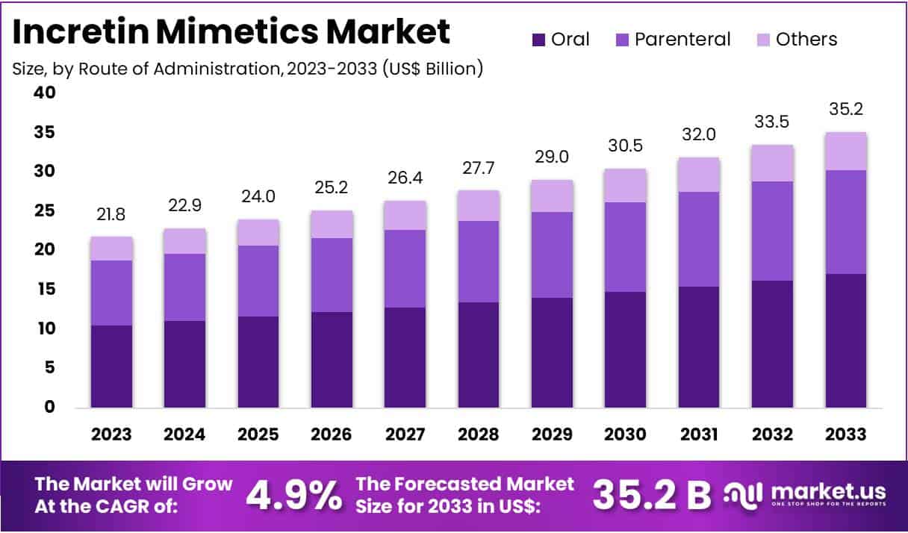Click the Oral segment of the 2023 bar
(112, 367)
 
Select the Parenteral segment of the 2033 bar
(846, 222)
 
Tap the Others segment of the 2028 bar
(479, 205)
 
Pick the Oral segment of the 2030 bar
(626, 349)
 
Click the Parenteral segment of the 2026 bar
(332, 275)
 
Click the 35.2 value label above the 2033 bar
(846, 110)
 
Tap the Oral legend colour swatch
(538, 40)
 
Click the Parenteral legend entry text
(682, 40)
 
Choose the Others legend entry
(806, 40)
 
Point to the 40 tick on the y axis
(45, 93)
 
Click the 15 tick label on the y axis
(45, 289)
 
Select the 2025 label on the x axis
(258, 434)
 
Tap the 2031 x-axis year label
(699, 434)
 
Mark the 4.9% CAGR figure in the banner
(294, 494)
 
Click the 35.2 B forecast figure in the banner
(651, 494)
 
